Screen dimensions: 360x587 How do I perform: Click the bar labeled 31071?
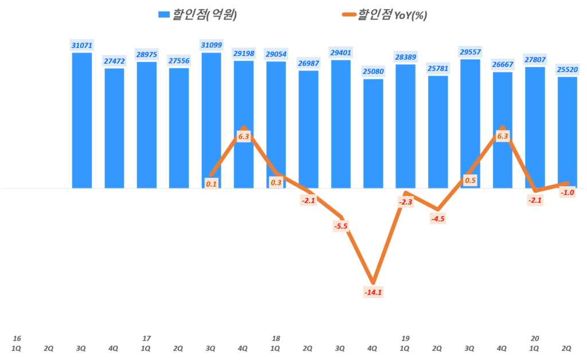[x=82, y=120]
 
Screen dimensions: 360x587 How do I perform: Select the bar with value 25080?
[x=373, y=133]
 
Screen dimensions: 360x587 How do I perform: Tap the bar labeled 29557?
[x=470, y=123]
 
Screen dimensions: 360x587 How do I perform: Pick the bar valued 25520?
[x=567, y=132]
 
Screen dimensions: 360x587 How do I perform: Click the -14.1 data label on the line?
[x=373, y=292]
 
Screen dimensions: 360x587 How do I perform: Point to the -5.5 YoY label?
[x=341, y=226]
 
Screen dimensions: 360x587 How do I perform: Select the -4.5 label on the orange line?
[x=437, y=218]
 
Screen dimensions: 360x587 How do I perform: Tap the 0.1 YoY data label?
[x=211, y=183]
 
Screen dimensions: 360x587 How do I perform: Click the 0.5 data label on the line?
[x=470, y=181]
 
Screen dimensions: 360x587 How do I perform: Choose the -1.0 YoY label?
[x=568, y=193]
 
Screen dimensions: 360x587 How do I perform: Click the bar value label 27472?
[x=114, y=60]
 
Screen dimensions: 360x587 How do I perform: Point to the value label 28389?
[x=405, y=56]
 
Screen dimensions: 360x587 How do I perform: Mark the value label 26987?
[x=308, y=62]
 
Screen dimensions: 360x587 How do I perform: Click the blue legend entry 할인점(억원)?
[x=198, y=15]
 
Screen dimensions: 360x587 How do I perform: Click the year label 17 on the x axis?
[x=146, y=338]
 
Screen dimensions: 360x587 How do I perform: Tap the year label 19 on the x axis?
[x=405, y=338]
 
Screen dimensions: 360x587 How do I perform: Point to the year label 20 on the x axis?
[x=535, y=338]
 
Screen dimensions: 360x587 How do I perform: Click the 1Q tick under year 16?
[x=17, y=347]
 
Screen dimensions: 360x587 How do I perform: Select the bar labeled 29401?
[x=341, y=124]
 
